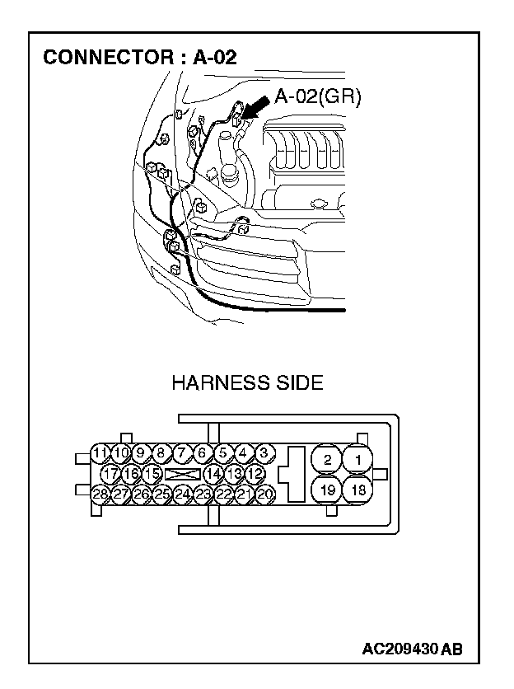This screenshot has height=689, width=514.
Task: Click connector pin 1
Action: click(x=357, y=459)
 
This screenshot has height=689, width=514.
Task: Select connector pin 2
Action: click(x=327, y=459)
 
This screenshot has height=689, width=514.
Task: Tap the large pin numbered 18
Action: click(x=357, y=490)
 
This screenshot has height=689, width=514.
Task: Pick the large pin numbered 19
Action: click(x=327, y=490)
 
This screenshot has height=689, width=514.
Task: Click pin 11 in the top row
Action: click(x=99, y=452)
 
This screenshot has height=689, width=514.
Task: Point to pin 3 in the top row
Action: click(x=264, y=452)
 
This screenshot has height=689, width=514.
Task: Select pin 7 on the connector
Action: click(x=181, y=452)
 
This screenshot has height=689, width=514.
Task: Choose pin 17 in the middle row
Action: click(x=110, y=474)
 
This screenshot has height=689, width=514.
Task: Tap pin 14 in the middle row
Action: click(x=213, y=474)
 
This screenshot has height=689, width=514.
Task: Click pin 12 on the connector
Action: click(x=255, y=474)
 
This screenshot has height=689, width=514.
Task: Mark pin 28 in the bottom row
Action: click(x=100, y=494)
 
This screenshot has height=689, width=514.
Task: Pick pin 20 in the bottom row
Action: click(x=264, y=494)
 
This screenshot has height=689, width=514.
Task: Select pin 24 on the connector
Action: click(x=183, y=494)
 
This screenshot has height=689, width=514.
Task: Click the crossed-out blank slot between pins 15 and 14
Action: click(x=182, y=474)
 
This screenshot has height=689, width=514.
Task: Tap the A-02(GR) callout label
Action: click(x=318, y=96)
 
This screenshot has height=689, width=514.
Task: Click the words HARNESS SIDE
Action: click(x=247, y=383)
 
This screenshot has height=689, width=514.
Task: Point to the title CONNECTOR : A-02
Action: click(x=140, y=58)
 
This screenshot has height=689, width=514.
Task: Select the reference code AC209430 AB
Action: click(x=412, y=649)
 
